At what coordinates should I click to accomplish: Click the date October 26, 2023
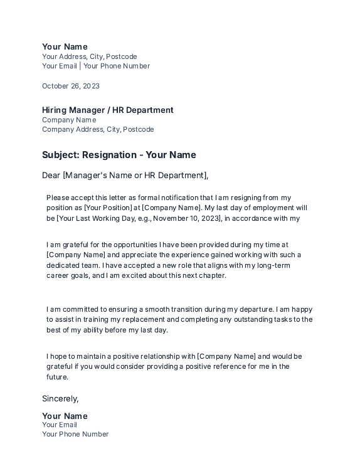70,86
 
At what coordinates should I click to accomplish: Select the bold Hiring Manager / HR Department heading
107,110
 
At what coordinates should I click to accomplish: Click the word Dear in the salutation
51,176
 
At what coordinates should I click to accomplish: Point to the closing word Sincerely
60,398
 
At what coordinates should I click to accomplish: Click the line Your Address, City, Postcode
89,56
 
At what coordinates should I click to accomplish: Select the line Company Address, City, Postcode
97,129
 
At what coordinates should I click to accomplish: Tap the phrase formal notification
169,198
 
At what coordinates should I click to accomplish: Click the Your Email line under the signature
60,425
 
